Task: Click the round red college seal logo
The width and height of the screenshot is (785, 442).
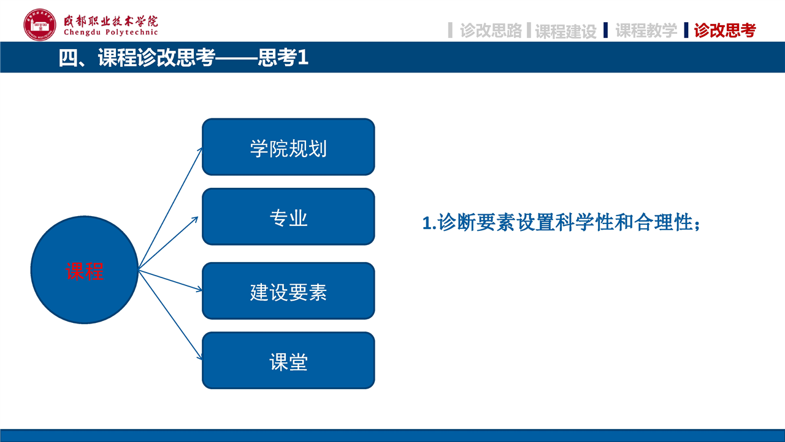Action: pyautogui.click(x=40, y=25)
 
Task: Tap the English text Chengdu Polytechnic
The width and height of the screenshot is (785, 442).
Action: pyautogui.click(x=111, y=33)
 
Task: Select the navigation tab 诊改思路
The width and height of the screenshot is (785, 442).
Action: pyautogui.click(x=491, y=30)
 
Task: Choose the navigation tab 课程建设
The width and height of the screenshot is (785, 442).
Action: pyautogui.click(x=566, y=31)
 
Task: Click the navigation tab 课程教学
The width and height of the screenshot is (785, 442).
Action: pyautogui.click(x=646, y=30)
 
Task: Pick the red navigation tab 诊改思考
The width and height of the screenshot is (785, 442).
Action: pyautogui.click(x=725, y=30)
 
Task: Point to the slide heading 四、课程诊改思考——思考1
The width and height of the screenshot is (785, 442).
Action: pyautogui.click(x=183, y=57)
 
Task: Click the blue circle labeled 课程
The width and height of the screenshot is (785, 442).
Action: pyautogui.click(x=85, y=269)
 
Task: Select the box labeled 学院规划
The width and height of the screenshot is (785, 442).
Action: pyautogui.click(x=288, y=147)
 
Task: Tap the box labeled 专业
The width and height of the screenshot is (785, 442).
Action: pyautogui.click(x=288, y=217)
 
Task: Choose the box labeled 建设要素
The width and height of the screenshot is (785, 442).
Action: pyautogui.click(x=288, y=291)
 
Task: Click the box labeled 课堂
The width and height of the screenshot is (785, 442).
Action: pyautogui.click(x=288, y=360)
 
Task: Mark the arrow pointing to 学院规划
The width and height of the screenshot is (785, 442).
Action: pyautogui.click(x=170, y=208)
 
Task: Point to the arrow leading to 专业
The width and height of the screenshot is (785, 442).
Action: pyautogui.click(x=169, y=243)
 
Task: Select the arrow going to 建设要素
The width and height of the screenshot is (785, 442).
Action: pyautogui.click(x=170, y=281)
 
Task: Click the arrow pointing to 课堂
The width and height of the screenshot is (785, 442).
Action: pyautogui.click(x=170, y=315)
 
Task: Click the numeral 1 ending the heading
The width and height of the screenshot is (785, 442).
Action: pyautogui.click(x=303, y=57)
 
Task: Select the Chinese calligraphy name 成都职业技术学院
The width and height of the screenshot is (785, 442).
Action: pyautogui.click(x=111, y=21)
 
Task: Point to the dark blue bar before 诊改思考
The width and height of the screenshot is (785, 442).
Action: pyautogui.click(x=686, y=30)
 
